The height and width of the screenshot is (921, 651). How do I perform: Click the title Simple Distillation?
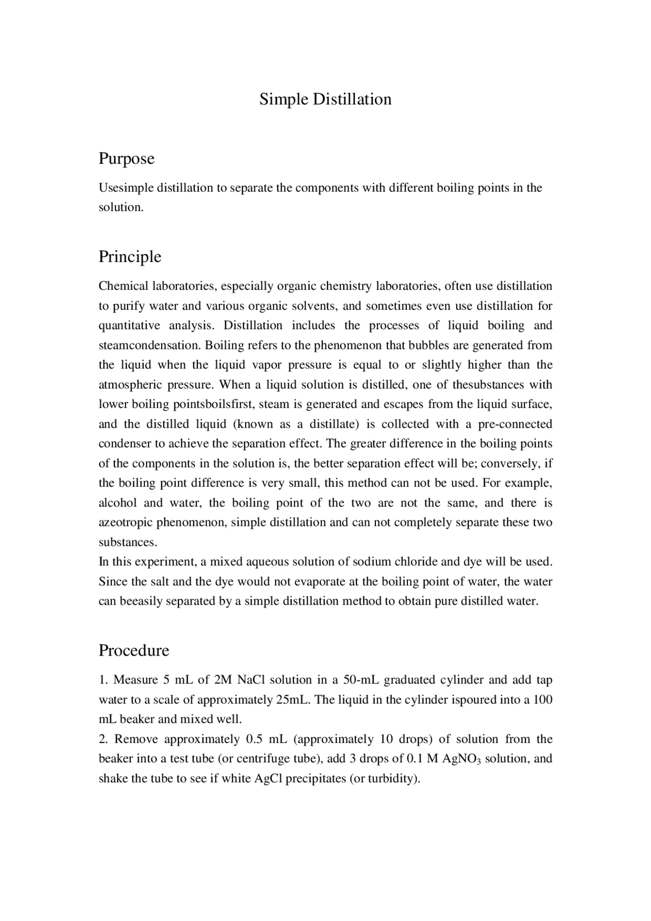click(x=325, y=99)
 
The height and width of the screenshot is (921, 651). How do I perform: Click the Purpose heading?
click(x=126, y=158)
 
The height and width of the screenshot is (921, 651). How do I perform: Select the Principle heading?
click(x=130, y=256)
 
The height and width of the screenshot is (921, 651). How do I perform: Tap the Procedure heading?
click(x=134, y=650)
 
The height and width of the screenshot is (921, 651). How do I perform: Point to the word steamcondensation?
click(x=150, y=345)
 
